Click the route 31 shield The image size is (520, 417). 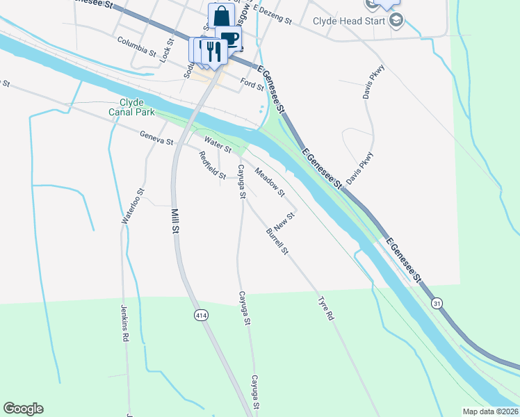(x=437, y=303)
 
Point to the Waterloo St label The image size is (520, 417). (x=133, y=206)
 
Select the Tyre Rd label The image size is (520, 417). (x=326, y=309)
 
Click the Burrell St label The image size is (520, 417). (x=277, y=242)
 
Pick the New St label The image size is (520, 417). (x=285, y=222)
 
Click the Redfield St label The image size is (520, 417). (x=212, y=165)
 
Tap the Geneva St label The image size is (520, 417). (x=156, y=139)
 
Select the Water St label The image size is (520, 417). (x=217, y=146)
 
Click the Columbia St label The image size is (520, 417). (x=137, y=47)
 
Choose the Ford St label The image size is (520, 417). (x=252, y=85)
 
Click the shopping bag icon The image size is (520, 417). (x=221, y=16)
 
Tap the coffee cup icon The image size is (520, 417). (x=229, y=38)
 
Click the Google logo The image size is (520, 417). (x=23, y=409)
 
